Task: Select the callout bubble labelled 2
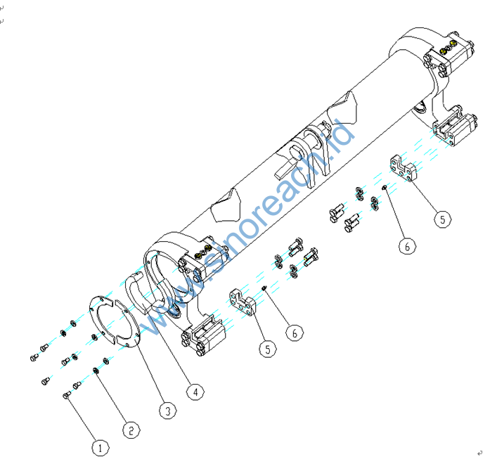pos(130,427)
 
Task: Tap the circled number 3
pos(166,409)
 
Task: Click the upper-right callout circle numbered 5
pos(441,219)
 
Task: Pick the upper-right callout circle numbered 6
pos(406,245)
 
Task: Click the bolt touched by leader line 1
pos(67,396)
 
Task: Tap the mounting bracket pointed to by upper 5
pos(401,169)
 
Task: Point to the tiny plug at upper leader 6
pos(383,188)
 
